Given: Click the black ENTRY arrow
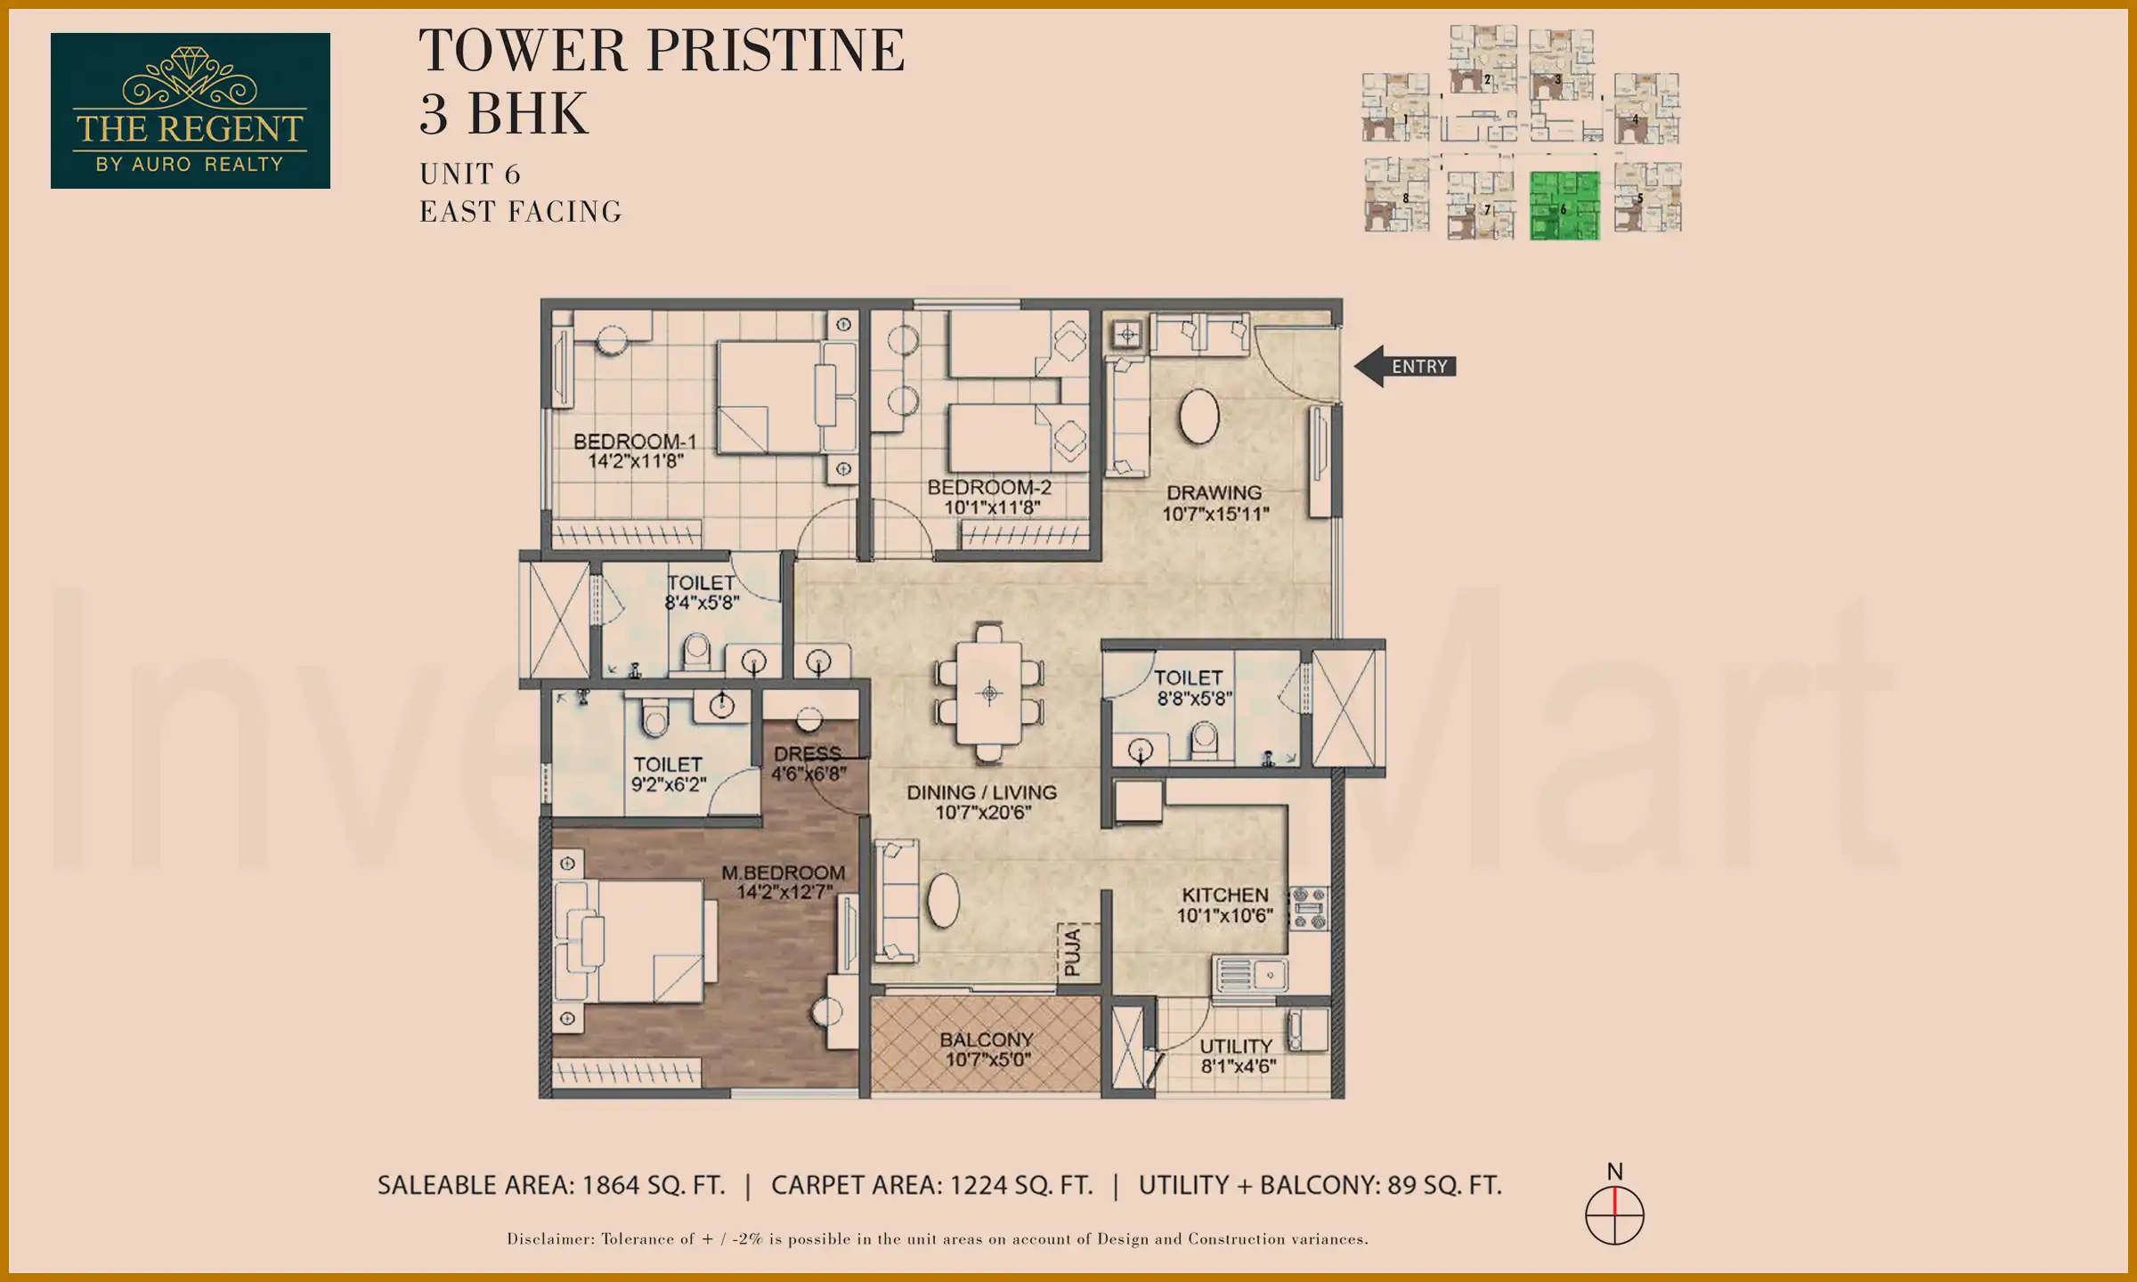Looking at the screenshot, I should [1404, 366].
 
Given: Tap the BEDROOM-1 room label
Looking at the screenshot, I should [635, 442].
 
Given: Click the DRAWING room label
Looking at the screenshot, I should [1214, 492].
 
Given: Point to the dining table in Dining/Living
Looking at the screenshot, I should [988, 693].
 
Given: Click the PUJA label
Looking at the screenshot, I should [1073, 951].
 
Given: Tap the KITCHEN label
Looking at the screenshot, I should [1224, 895].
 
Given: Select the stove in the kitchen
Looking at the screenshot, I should [1310, 909].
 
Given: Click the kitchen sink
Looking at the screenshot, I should [1251, 976].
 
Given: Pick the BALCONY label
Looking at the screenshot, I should [986, 1039].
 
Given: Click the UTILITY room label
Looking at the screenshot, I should [1235, 1046].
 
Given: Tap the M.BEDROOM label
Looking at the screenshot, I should [783, 872].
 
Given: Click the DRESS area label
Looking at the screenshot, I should [808, 754].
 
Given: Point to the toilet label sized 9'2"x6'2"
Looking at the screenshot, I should [668, 775].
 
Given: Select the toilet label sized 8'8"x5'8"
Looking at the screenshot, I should [1190, 688].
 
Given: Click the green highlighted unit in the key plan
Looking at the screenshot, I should [1564, 207].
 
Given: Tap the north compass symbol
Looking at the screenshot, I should [1614, 1214].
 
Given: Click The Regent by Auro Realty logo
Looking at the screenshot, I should [190, 110].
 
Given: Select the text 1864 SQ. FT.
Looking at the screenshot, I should [653, 1186].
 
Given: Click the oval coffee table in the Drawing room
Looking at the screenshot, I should [1199, 416].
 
